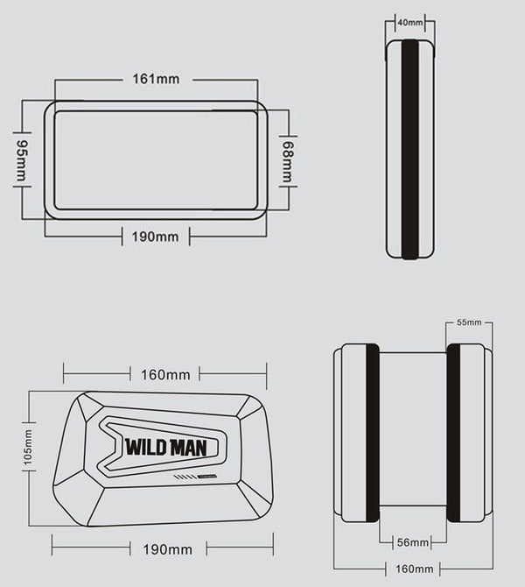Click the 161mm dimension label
point(157,80)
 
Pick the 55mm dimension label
point(469,322)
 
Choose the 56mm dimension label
point(412,542)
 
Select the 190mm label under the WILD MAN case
point(166,549)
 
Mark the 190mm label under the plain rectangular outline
point(155,237)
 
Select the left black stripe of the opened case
point(372,433)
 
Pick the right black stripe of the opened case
point(453,433)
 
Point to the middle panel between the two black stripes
point(412,433)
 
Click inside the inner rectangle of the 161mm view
point(156,159)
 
